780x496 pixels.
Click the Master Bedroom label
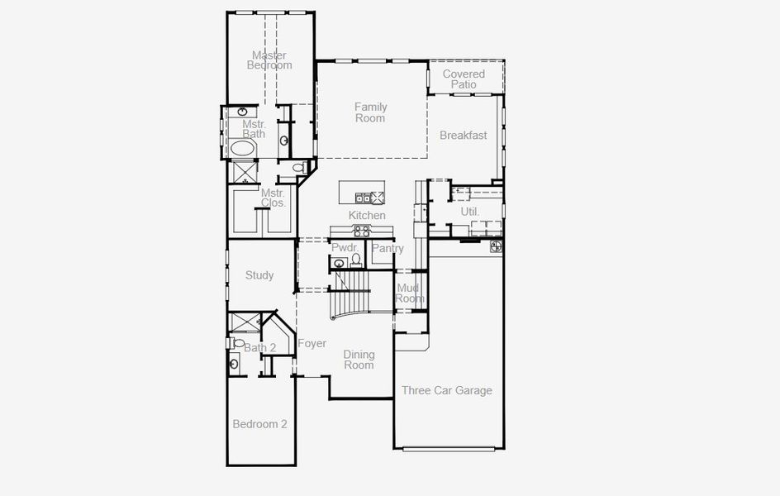point(270,60)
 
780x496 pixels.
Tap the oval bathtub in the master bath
point(242,148)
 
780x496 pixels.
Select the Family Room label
point(370,112)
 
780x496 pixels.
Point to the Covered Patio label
point(464,79)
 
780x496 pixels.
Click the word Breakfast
point(463,136)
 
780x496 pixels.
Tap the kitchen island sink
point(363,198)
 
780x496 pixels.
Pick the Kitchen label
point(367,216)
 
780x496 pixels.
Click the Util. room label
point(470,212)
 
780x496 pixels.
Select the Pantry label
point(388,248)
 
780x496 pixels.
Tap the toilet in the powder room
point(356,260)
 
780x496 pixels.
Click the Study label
point(259,275)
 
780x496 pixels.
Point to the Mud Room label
point(410,293)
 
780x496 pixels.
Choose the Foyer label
point(312,343)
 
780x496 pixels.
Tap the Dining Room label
point(359,359)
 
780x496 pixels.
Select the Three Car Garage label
point(446,390)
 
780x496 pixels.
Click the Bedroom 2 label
point(259,424)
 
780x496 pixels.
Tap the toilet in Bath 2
point(238,342)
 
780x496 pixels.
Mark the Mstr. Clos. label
point(273,198)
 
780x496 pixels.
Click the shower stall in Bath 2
point(244,322)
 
